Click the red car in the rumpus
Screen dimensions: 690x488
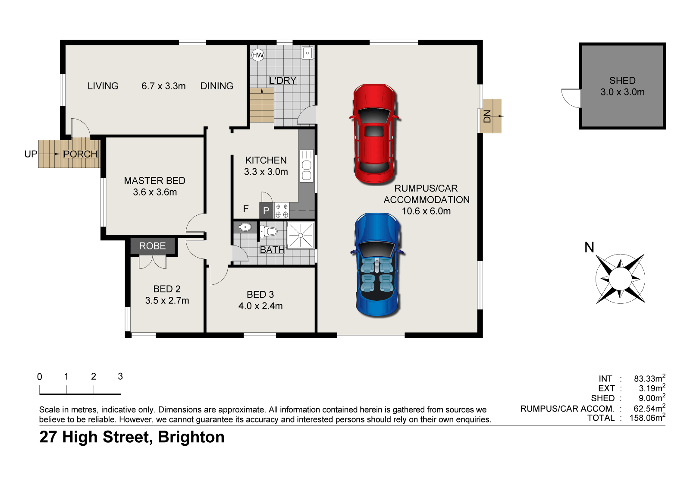(375, 134)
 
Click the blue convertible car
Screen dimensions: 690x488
(378, 264)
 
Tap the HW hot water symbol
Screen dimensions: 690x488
(258, 55)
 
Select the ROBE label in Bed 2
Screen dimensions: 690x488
(153, 246)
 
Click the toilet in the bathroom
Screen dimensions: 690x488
(268, 231)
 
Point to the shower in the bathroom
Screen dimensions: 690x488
(301, 235)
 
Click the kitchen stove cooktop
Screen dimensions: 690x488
(282, 211)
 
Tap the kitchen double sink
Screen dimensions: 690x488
(307, 166)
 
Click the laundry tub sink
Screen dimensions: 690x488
(307, 53)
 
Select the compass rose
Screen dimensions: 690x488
(620, 279)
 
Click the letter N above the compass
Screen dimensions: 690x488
(589, 247)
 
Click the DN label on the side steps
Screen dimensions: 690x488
(487, 116)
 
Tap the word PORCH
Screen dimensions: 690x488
(80, 154)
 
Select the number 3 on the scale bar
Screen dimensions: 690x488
(120, 376)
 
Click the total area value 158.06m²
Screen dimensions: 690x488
(647, 418)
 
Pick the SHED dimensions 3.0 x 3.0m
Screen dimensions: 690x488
(622, 92)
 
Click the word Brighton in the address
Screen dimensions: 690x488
(191, 438)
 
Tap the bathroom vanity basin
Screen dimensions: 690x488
(245, 227)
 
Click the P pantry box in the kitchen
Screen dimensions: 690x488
(266, 211)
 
